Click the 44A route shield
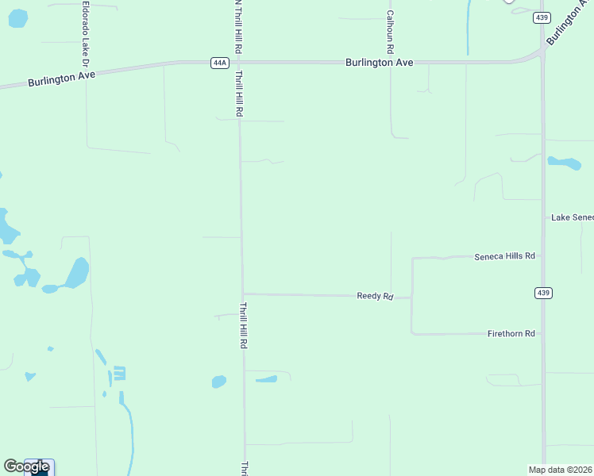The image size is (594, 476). click(x=220, y=63)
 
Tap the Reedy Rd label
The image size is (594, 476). click(x=375, y=296)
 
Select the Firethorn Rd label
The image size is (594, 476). click(x=511, y=334)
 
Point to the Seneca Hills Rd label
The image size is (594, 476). click(x=505, y=256)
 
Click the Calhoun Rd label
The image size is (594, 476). click(x=390, y=27)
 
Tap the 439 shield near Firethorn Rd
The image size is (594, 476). click(x=543, y=293)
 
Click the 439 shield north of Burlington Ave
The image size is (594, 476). click(x=542, y=17)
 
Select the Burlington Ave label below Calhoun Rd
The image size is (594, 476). click(x=379, y=62)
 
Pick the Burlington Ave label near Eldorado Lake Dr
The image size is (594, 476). click(x=61, y=79)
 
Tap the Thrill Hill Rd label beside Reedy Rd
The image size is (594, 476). click(x=245, y=325)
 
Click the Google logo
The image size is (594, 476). click(x=27, y=466)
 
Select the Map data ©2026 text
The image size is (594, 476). click(x=561, y=469)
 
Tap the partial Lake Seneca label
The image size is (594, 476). click(x=572, y=217)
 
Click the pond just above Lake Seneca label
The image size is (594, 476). click(x=565, y=163)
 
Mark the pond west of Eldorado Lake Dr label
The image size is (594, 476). click(x=17, y=17)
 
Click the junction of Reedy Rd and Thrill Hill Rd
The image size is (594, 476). click(x=243, y=294)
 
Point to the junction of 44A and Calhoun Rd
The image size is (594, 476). click(x=390, y=61)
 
